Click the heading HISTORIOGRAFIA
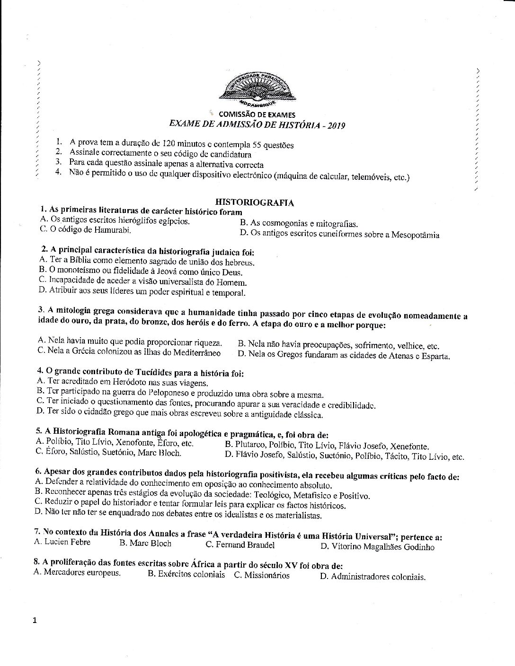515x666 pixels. [255, 203]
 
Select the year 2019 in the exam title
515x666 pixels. [335, 125]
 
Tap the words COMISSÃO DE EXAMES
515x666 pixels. [257, 114]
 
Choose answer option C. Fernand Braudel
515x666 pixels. [240, 544]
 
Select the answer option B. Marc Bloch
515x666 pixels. [145, 543]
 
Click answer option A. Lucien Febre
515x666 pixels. [62, 542]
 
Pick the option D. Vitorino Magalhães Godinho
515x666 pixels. [377, 547]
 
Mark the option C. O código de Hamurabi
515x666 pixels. [84, 230]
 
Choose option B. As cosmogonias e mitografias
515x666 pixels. [299, 224]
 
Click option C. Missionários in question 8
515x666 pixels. [261, 575]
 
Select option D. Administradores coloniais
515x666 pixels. [373, 577]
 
